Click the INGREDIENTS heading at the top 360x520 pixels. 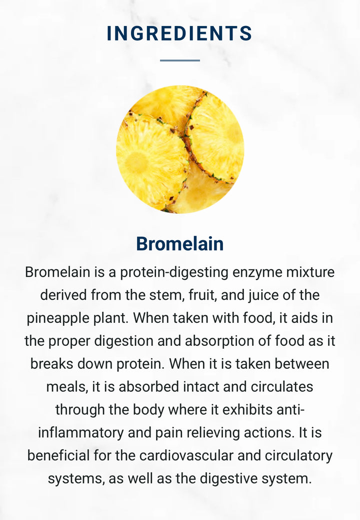point(179,33)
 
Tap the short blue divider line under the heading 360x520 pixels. point(180,61)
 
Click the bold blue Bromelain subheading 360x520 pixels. point(180,244)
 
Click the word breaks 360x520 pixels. point(52,364)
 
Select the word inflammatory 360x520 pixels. point(81,433)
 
